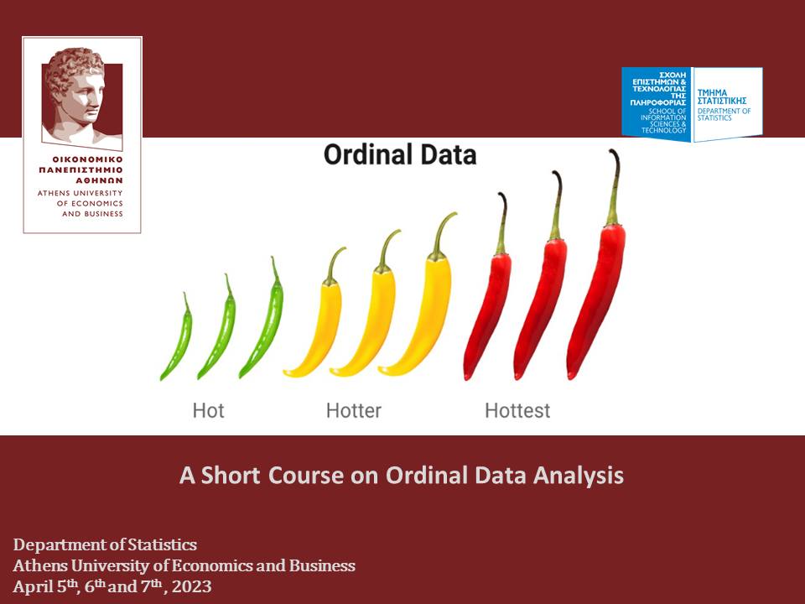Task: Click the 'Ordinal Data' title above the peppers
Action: tap(400, 154)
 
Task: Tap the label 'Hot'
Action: tap(209, 410)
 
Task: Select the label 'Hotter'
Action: tap(354, 410)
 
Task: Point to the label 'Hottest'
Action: tap(517, 410)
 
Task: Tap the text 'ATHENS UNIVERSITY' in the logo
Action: tap(80, 193)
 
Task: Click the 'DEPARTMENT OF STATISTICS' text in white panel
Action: tap(724, 114)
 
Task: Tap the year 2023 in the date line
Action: tap(191, 586)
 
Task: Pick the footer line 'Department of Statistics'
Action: tap(106, 545)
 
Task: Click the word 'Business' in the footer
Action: tap(322, 565)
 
